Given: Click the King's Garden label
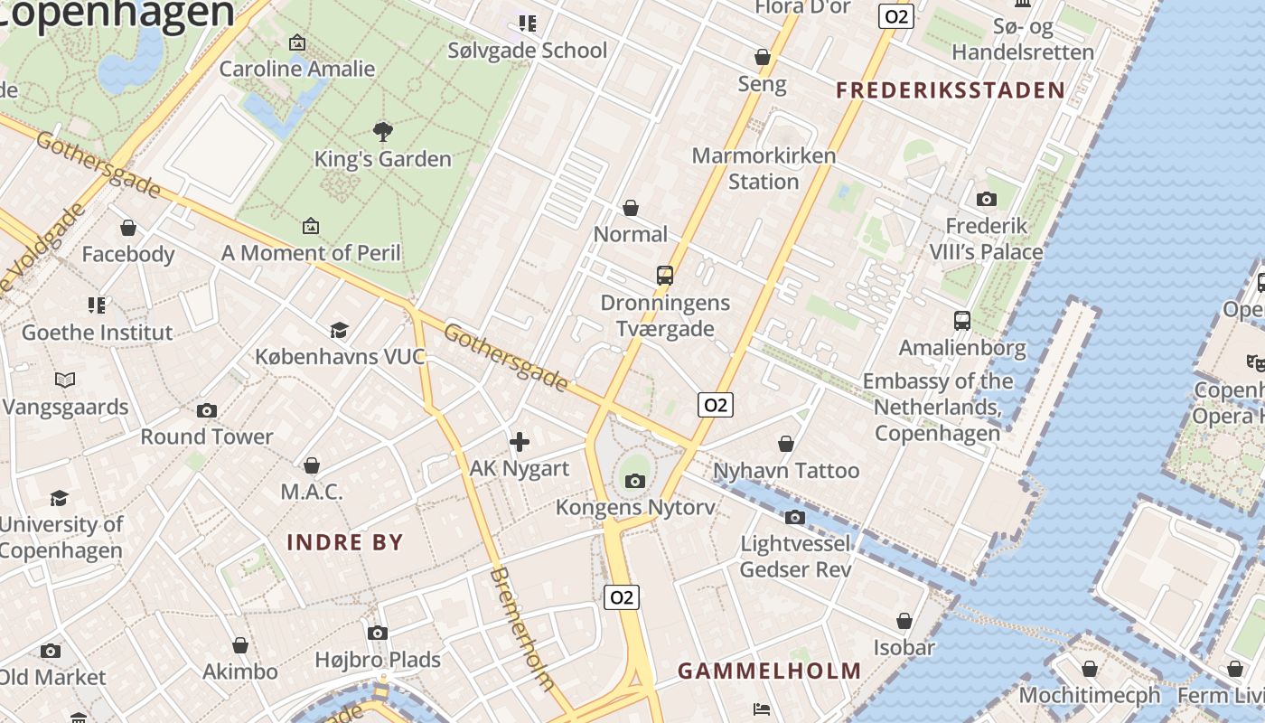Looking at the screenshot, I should (x=382, y=159).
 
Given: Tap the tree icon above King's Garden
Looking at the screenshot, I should (x=383, y=131).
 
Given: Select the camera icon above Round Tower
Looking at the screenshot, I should (x=207, y=410).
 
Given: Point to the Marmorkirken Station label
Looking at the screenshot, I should (x=764, y=168).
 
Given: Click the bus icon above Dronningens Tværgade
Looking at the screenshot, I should (x=665, y=276).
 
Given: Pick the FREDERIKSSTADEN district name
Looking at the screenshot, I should (x=951, y=90).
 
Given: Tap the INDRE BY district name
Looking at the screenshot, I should (x=345, y=542).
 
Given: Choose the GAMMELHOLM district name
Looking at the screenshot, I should (x=770, y=671).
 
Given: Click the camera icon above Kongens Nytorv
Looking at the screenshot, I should (x=635, y=481).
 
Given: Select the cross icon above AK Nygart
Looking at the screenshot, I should (x=520, y=442).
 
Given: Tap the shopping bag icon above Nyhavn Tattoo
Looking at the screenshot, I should (x=786, y=444).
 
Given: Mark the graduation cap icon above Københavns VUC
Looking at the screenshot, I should (x=339, y=330).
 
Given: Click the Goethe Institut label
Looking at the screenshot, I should (x=97, y=333).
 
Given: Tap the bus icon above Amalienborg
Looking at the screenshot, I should (x=962, y=321).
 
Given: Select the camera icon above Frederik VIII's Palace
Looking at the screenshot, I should (x=987, y=199).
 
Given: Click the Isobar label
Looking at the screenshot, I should (x=904, y=647).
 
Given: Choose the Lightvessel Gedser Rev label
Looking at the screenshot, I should (x=795, y=557).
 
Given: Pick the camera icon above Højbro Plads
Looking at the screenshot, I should (x=378, y=633).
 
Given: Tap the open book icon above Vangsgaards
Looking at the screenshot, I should (x=65, y=380).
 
